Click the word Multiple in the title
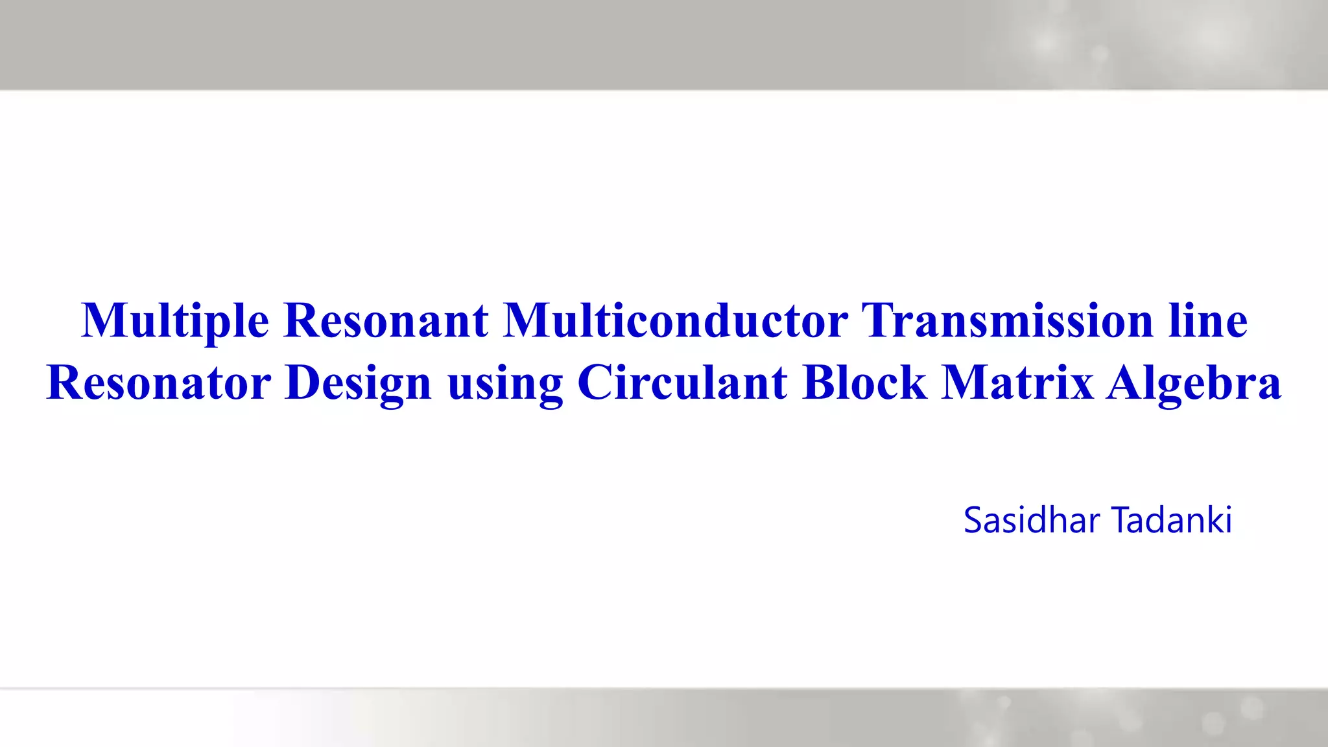(175, 321)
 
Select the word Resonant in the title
(386, 321)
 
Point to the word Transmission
(1007, 321)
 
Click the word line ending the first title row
(1207, 321)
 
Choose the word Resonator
(159, 383)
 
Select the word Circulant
(682, 383)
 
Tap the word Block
(864, 383)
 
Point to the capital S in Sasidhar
(973, 521)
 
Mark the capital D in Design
(303, 383)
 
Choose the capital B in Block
(818, 383)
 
